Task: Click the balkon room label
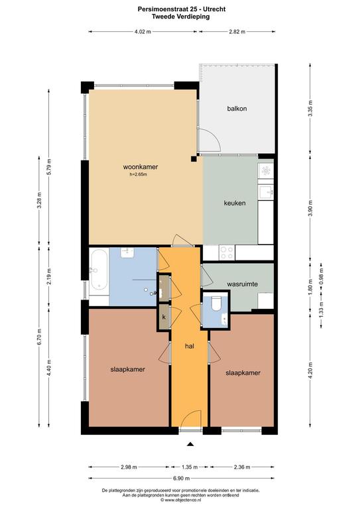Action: pyautogui.click(x=237, y=109)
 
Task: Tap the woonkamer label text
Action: pyautogui.click(x=141, y=167)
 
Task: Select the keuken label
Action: pyautogui.click(x=235, y=203)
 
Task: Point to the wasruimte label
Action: pyautogui.click(x=243, y=284)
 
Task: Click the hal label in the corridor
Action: pyautogui.click(x=190, y=346)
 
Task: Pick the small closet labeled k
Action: pyautogui.click(x=164, y=317)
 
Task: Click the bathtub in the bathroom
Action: pyautogui.click(x=99, y=269)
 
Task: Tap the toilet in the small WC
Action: pyautogui.click(x=216, y=302)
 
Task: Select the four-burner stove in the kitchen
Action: pyautogui.click(x=227, y=253)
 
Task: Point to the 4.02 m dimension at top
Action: pyautogui.click(x=143, y=32)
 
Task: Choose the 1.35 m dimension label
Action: pyautogui.click(x=190, y=467)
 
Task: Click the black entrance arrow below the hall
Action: pyautogui.click(x=190, y=445)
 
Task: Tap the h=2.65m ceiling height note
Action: pyautogui.click(x=139, y=175)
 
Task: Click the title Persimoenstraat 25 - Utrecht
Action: pyautogui.click(x=182, y=9)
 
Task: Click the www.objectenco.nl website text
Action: pyautogui.click(x=181, y=500)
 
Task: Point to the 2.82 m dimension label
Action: pyautogui.click(x=237, y=32)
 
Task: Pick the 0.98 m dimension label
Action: pyautogui.click(x=321, y=276)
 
